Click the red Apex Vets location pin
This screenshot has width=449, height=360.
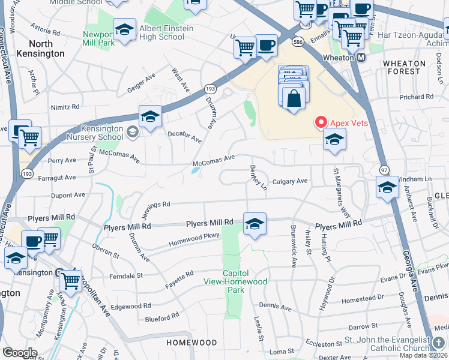tap(321, 122)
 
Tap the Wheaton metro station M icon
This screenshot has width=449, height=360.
tap(361, 58)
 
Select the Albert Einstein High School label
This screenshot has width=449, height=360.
tap(166, 32)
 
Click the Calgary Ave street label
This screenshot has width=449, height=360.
tap(289, 181)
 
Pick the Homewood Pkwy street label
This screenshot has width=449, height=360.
tap(194, 239)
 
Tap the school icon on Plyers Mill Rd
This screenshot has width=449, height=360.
tap(255, 224)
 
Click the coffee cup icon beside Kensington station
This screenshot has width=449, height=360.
tap(33, 241)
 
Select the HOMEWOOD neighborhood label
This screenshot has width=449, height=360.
tap(191, 343)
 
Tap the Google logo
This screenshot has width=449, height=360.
tap(20, 352)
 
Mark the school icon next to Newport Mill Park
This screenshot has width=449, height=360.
tap(124, 30)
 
